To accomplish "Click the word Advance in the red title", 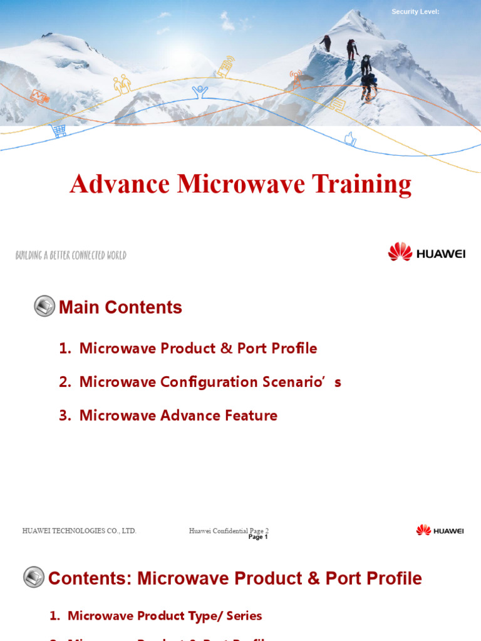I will (x=120, y=184).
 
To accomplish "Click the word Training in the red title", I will (x=361, y=184).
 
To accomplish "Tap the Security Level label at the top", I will (x=415, y=12).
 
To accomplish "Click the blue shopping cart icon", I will (x=59, y=130).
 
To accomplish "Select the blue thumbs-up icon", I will (x=350, y=139).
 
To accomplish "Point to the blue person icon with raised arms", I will (x=200, y=92).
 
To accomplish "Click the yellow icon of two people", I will (x=122, y=84).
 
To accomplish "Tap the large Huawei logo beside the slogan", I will (x=426, y=252).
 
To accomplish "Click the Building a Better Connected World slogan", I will (x=71, y=255).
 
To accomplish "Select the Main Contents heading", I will (x=120, y=307).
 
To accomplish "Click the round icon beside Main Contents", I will (x=44, y=306).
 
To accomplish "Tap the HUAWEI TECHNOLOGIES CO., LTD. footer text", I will (x=80, y=531).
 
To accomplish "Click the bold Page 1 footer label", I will (x=258, y=537).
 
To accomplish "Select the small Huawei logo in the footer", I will (x=440, y=530).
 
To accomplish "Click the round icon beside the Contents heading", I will (x=34, y=577).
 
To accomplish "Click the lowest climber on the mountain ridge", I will (x=368, y=85).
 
